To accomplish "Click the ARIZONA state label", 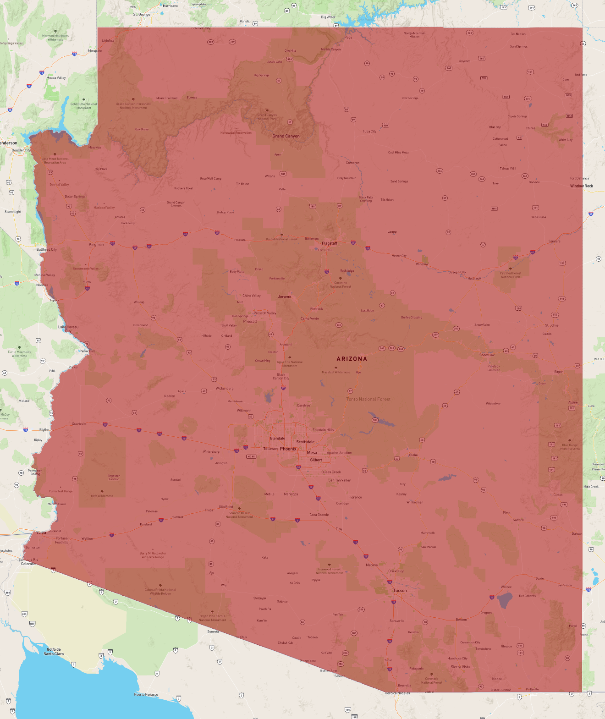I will pos(352,359).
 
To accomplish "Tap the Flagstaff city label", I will pos(329,243).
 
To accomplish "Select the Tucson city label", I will pos(400,591).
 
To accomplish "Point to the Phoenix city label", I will pos(288,449).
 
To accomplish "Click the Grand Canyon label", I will pos(286,136).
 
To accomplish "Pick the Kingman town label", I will pos(96,245).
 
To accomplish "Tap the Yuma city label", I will pos(41,532).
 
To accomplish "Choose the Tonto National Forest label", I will pos(368,399).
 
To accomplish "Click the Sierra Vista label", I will pos(460,667).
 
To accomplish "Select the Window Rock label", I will pos(581,186).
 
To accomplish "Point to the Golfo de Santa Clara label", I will pos(54,652).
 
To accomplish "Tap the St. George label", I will pos(142,15).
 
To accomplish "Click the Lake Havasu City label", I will pos(68,329).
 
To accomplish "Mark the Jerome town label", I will pos(284,297).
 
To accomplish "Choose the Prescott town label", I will pos(250,321).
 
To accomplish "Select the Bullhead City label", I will pos(47,250).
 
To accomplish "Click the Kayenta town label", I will pos(464,61).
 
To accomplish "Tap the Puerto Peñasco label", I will pos(146,695).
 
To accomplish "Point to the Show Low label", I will pos(487,355).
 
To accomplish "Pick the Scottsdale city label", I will pos(305,442).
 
